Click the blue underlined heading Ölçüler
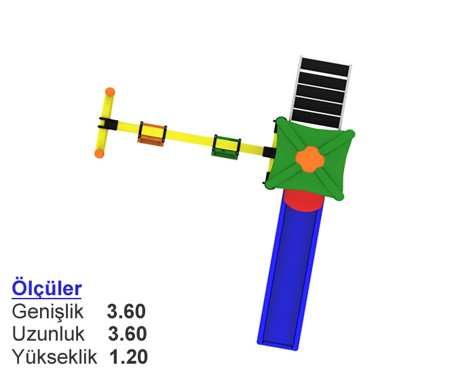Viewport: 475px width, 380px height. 47,288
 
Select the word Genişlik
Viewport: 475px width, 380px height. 47,311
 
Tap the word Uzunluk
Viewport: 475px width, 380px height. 48,334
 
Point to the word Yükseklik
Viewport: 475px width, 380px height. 54,357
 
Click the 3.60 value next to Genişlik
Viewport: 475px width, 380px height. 126,311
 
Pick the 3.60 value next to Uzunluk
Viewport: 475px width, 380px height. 128,334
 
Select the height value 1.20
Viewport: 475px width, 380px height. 128,357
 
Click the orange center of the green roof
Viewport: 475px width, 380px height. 310,159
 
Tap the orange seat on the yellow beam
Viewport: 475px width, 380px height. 152,134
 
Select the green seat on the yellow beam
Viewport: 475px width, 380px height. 226,146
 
